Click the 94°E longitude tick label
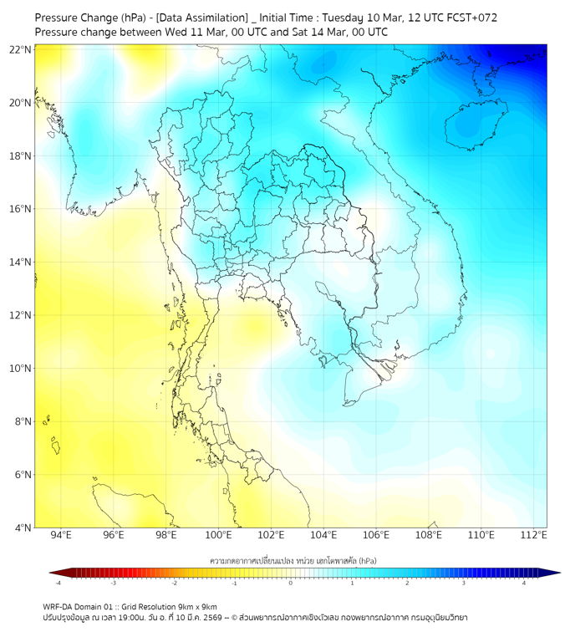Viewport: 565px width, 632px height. tap(61, 535)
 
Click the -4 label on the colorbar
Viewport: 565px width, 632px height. tap(57, 584)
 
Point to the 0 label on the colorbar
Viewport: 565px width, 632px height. tap(291, 584)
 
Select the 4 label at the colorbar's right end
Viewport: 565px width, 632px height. tap(524, 584)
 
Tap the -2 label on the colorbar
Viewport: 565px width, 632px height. tap(173, 584)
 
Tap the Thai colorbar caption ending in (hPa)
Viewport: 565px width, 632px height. tap(290, 559)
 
